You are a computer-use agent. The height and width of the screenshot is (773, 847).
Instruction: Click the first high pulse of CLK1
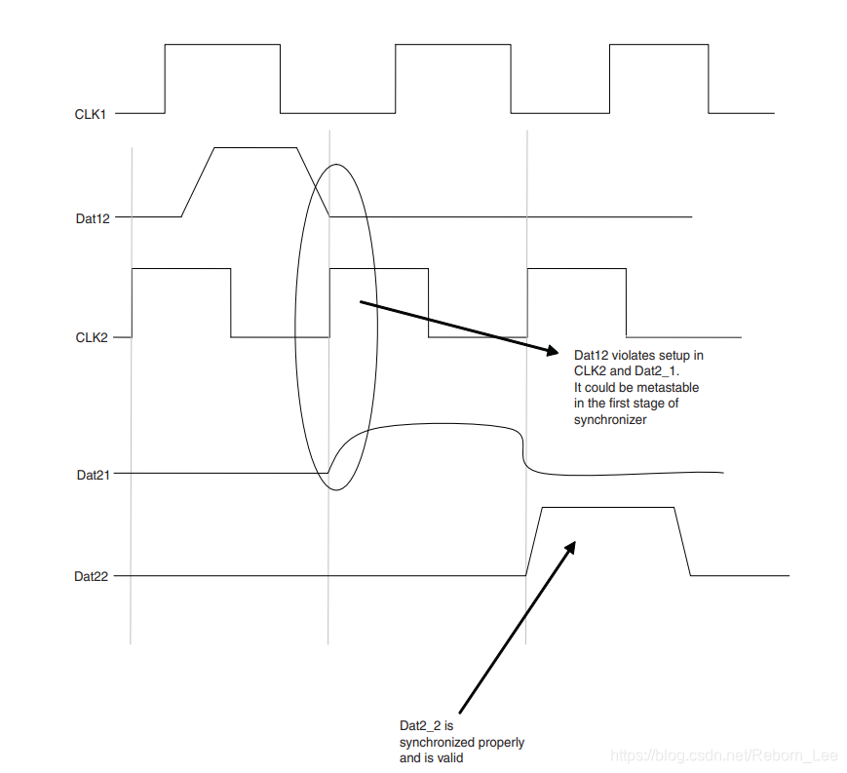[222, 78]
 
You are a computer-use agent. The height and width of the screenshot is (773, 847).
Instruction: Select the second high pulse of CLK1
[453, 78]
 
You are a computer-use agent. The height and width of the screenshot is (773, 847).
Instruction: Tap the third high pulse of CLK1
[659, 78]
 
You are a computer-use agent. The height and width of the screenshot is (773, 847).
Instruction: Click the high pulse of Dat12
[254, 181]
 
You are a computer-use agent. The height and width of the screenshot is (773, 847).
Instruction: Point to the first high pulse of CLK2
[181, 301]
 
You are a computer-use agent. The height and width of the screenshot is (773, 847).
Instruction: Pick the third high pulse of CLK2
[576, 301]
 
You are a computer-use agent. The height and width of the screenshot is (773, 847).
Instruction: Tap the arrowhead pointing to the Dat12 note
[551, 350]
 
